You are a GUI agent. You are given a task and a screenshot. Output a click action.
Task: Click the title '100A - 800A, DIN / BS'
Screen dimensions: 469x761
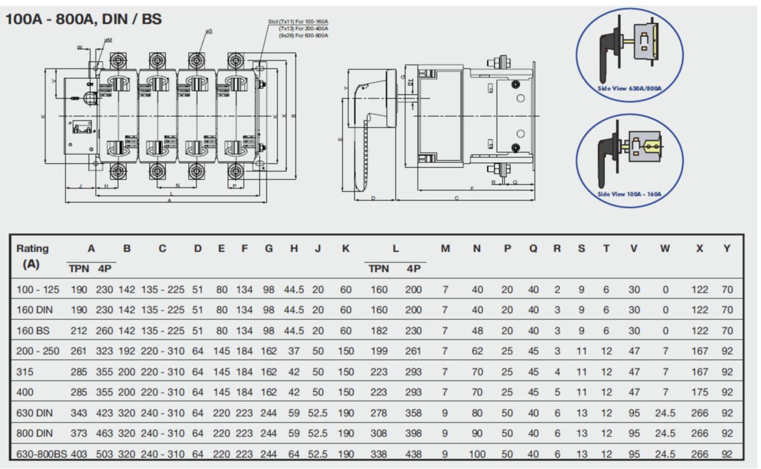point(83,19)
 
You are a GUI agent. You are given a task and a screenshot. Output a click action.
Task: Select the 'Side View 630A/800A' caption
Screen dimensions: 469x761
point(630,88)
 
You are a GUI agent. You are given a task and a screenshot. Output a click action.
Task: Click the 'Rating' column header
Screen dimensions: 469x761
point(32,248)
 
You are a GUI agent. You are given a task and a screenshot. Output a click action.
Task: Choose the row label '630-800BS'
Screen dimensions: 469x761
point(42,454)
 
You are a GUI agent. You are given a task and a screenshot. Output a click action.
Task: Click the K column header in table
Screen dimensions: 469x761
point(345,248)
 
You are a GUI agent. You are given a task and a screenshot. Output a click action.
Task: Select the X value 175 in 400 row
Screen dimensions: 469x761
point(699,392)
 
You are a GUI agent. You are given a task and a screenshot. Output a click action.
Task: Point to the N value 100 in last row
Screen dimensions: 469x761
point(477,454)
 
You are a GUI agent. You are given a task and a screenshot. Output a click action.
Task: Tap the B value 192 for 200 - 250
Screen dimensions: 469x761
point(127,352)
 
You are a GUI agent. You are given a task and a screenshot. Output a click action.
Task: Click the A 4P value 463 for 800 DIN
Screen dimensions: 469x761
point(105,433)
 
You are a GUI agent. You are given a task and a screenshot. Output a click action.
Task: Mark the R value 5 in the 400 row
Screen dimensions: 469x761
point(557,392)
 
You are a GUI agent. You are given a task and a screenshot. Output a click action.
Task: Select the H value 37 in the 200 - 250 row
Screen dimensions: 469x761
point(294,352)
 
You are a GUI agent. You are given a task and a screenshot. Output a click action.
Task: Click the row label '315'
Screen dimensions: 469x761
point(25,372)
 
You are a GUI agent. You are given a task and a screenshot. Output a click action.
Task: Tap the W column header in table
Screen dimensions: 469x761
point(665,248)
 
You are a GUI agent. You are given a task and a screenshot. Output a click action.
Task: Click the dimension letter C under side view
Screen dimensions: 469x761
point(457,199)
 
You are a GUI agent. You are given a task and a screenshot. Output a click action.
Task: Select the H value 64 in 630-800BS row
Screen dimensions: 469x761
point(294,454)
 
